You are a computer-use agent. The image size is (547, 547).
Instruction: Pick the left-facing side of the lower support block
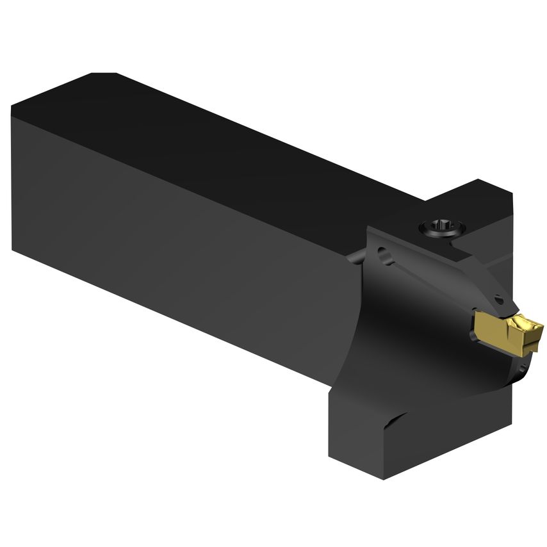point(352,423)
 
